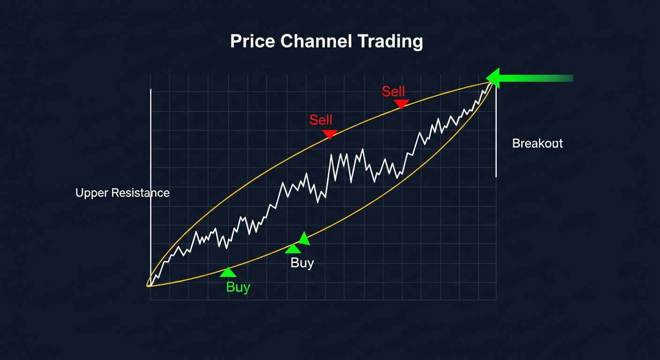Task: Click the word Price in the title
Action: tap(252, 42)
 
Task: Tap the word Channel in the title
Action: tap(316, 42)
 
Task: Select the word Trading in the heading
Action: tap(390, 42)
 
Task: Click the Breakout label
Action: tap(537, 143)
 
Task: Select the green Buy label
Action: tap(238, 287)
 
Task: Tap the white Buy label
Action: tap(302, 262)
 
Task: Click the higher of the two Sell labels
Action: tap(393, 91)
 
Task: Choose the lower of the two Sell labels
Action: tap(321, 120)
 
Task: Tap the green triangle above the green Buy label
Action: tap(228, 272)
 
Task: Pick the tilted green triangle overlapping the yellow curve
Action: tap(304, 239)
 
